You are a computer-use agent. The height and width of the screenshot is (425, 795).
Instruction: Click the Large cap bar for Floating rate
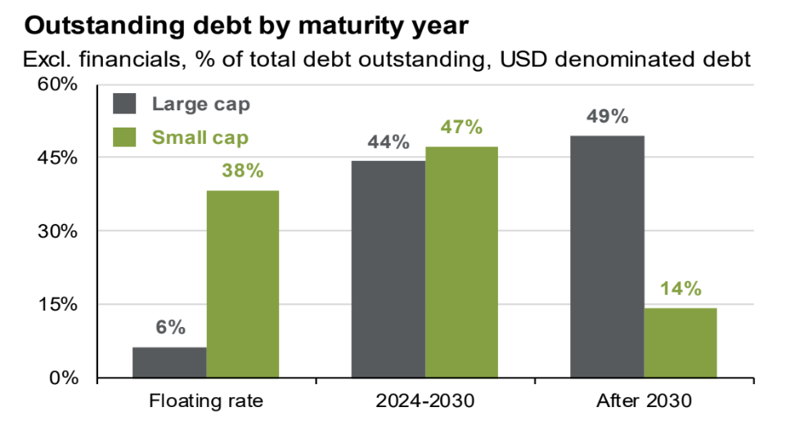click(x=169, y=363)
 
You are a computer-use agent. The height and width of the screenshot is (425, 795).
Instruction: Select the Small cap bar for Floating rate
click(x=242, y=284)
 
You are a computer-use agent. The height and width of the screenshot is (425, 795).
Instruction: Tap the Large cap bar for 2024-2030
click(x=389, y=270)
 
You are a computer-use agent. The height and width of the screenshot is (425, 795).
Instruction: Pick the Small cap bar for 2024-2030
click(x=461, y=262)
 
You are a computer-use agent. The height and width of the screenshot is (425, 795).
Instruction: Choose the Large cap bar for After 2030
click(x=608, y=257)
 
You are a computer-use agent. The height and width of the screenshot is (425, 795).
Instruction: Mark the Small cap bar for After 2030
click(x=680, y=343)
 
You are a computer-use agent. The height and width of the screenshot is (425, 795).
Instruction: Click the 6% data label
click(x=170, y=328)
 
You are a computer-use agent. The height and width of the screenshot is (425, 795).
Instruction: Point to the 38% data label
click(x=242, y=171)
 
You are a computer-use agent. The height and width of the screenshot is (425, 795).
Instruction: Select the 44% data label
click(x=388, y=142)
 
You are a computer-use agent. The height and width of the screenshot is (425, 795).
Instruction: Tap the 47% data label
click(x=462, y=127)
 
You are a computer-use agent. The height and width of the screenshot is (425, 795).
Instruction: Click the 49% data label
click(x=608, y=116)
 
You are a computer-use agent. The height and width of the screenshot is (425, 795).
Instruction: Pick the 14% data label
click(x=680, y=289)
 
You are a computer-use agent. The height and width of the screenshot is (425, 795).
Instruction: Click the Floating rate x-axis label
click(x=205, y=401)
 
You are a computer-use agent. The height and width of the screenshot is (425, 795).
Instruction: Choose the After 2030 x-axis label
click(x=645, y=401)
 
